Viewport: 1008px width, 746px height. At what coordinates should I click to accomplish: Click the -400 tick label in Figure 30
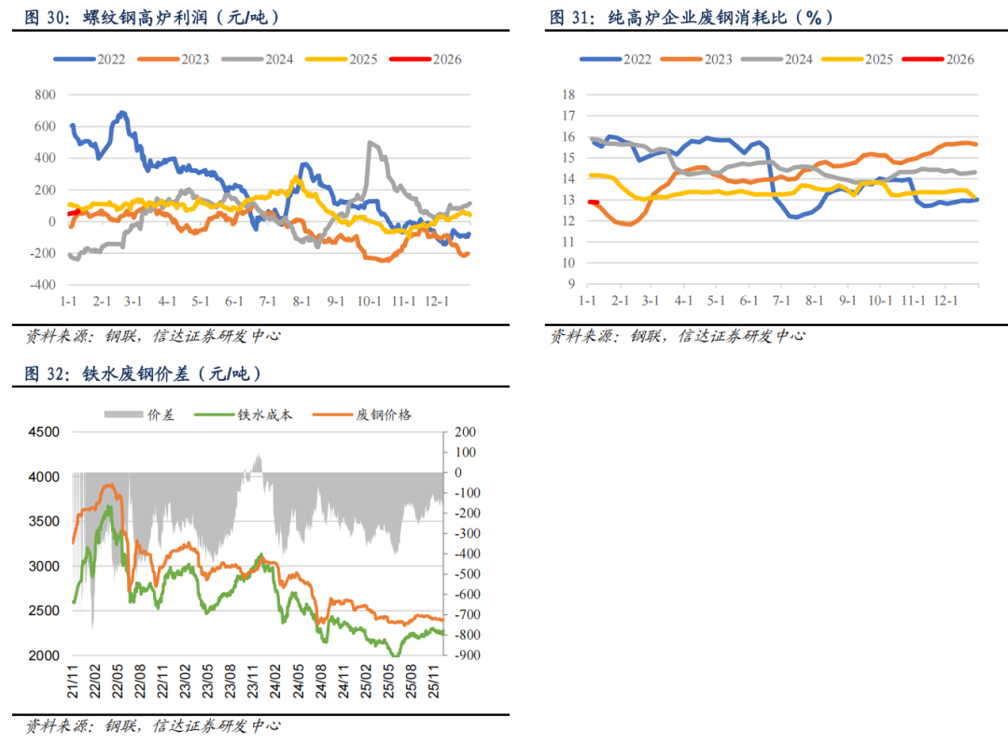click(x=42, y=286)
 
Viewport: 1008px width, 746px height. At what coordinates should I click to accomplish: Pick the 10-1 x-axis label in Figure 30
click(x=369, y=303)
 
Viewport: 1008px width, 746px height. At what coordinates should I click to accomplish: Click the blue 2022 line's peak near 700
click(x=121, y=113)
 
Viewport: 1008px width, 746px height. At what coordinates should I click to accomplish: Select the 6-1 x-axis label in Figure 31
click(x=748, y=302)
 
